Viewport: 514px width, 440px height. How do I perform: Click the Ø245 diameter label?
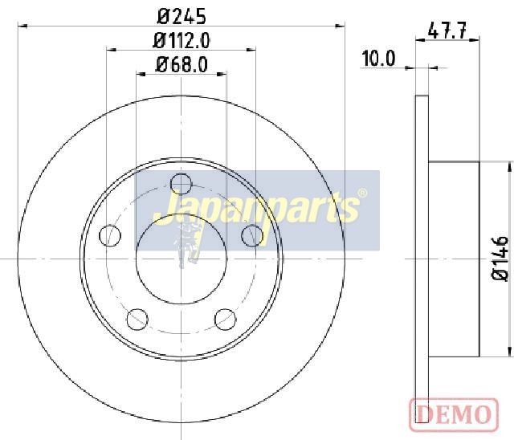pyautogui.click(x=182, y=16)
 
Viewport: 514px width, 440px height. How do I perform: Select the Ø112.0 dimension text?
pyautogui.click(x=182, y=41)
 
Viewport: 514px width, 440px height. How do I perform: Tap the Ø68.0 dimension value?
pyautogui.click(x=182, y=64)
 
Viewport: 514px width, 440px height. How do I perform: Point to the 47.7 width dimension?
pyautogui.click(x=447, y=31)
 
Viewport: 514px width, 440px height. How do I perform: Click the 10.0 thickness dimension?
pyautogui.click(x=378, y=59)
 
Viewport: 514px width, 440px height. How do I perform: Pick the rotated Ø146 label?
pyautogui.click(x=500, y=259)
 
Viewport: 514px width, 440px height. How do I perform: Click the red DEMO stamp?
pyautogui.click(x=454, y=414)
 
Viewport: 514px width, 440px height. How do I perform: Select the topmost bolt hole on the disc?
pyautogui.click(x=182, y=184)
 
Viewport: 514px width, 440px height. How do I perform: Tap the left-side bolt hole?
pyautogui.click(x=110, y=235)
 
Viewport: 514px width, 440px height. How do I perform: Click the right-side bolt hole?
pyautogui.click(x=252, y=235)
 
